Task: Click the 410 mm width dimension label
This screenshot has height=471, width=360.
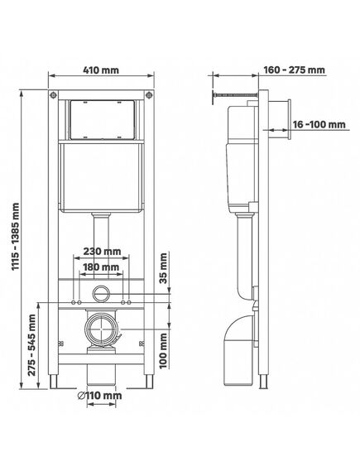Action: click(x=101, y=70)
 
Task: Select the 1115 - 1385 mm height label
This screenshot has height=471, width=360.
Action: click(x=16, y=237)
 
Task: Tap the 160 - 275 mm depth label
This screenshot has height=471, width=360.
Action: click(x=295, y=70)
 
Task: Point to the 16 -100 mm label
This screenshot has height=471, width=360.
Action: click(x=319, y=124)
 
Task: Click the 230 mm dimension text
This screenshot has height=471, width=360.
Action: click(x=102, y=251)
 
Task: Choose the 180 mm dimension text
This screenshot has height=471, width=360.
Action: click(x=101, y=267)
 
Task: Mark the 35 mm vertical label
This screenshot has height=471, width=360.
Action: click(x=163, y=268)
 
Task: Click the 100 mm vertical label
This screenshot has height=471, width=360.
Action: click(x=163, y=351)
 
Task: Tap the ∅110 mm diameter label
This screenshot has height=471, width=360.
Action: click(x=100, y=396)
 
